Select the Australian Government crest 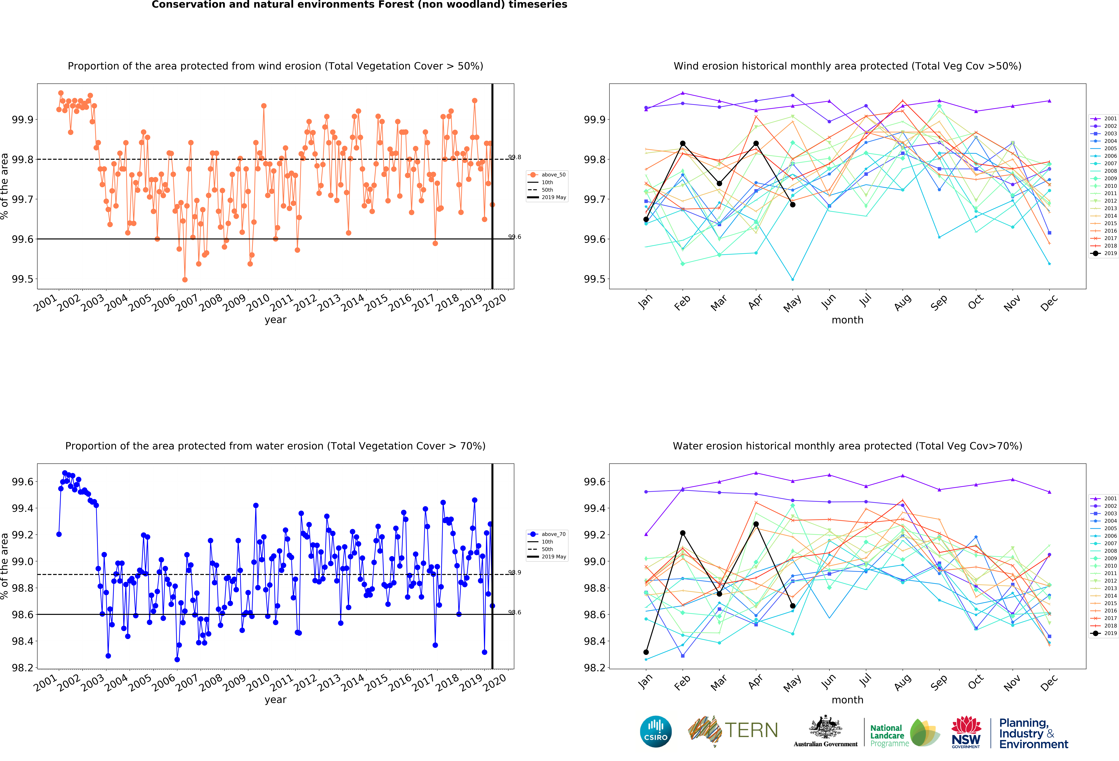(x=825, y=727)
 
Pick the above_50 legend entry (x=547, y=175)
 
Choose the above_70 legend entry (x=547, y=534)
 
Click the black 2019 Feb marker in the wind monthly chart (x=683, y=144)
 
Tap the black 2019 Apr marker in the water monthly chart (x=756, y=524)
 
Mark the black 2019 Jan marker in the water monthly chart (x=646, y=652)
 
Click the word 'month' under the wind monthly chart (x=847, y=320)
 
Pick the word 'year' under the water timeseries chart (x=275, y=700)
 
